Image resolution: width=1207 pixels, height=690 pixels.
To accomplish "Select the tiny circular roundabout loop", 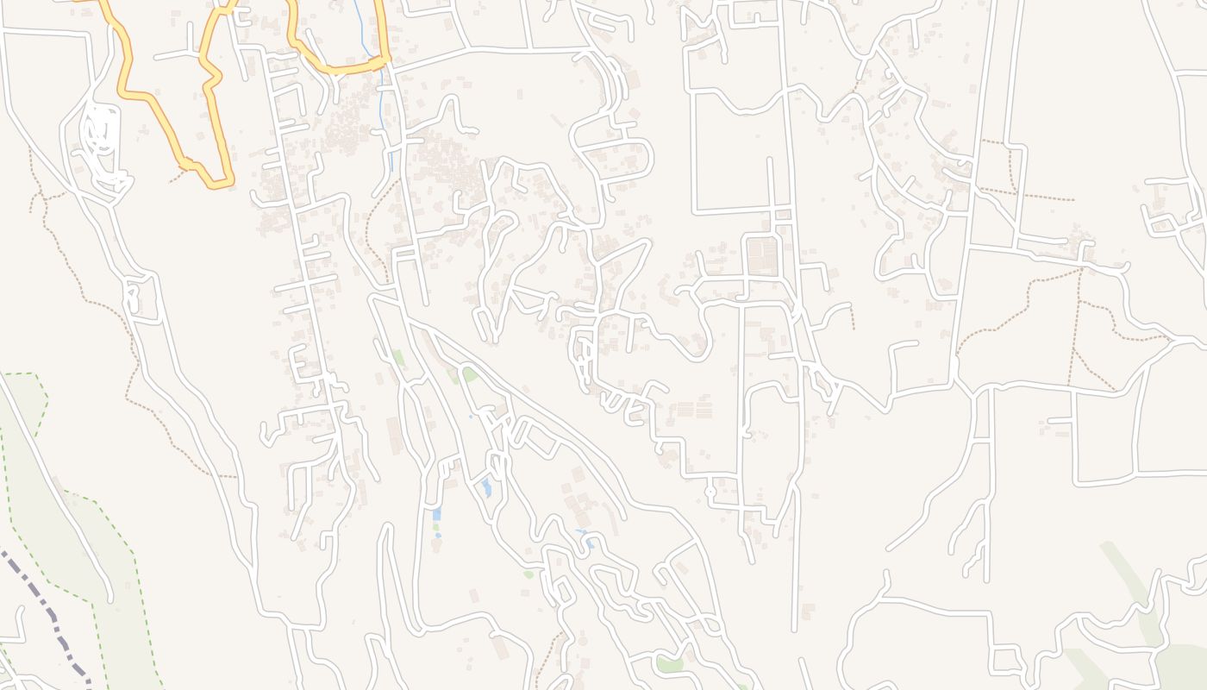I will click(710, 492).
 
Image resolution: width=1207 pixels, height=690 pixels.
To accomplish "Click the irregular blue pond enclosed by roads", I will click(487, 487).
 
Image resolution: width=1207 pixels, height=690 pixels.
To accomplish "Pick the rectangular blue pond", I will click(436, 515).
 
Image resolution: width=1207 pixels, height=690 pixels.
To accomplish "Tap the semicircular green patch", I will click(470, 374).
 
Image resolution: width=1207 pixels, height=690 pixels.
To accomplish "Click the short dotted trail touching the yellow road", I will click(178, 177).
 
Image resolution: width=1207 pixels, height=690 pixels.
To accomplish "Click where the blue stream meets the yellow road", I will click(376, 61).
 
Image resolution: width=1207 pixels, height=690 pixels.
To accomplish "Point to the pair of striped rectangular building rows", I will click(695, 409).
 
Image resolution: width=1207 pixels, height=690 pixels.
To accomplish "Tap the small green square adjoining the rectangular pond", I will click(435, 526).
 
